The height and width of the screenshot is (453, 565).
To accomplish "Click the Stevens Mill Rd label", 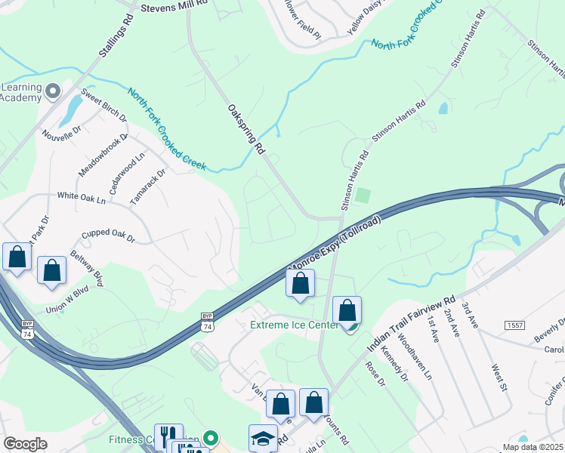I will (x=175, y=6).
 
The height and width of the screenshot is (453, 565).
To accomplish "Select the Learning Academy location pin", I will (x=52, y=91).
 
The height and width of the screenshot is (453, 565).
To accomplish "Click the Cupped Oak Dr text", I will (x=108, y=236).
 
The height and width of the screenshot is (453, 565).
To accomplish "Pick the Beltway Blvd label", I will (x=87, y=267).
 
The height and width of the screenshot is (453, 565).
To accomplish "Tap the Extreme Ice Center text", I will (x=295, y=325).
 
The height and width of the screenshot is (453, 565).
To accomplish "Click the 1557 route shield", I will (x=515, y=324).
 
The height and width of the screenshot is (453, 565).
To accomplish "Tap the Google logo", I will (x=25, y=443).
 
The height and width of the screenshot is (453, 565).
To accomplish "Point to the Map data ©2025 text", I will (x=533, y=447).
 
